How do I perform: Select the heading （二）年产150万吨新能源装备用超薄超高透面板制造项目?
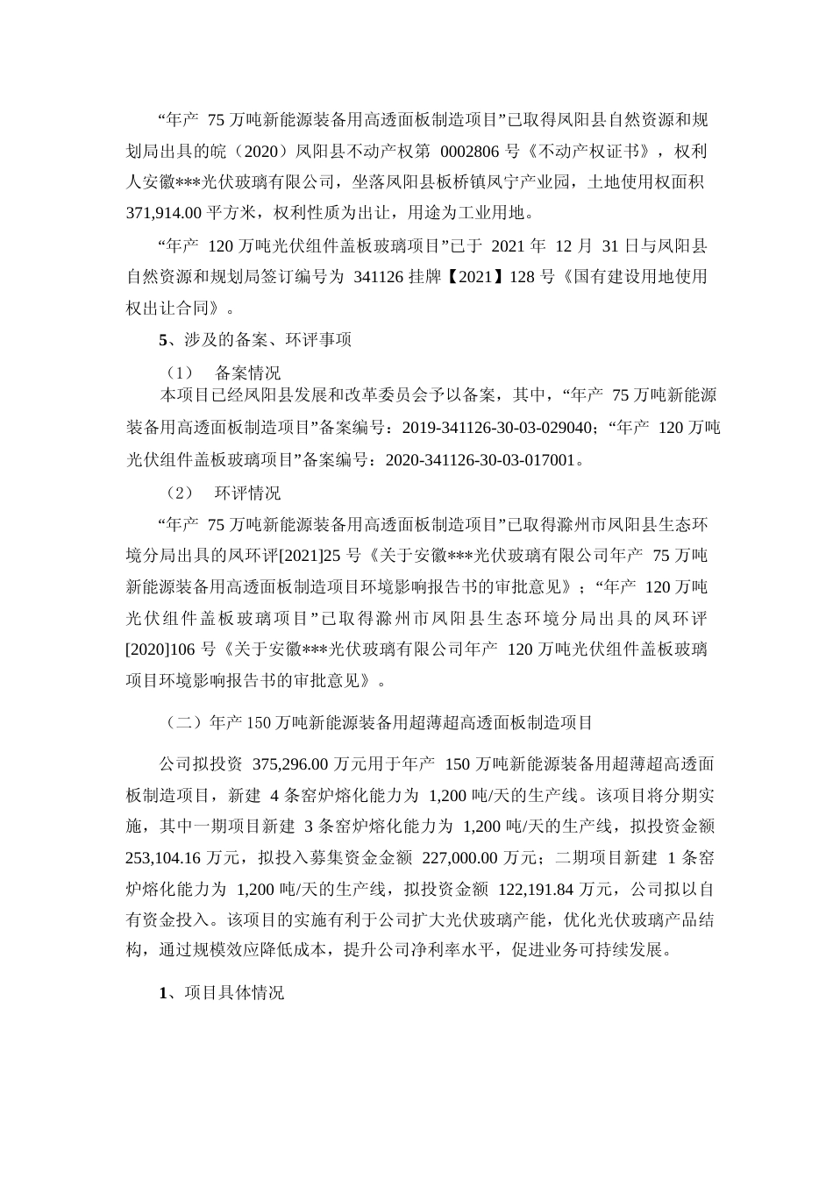379,723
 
